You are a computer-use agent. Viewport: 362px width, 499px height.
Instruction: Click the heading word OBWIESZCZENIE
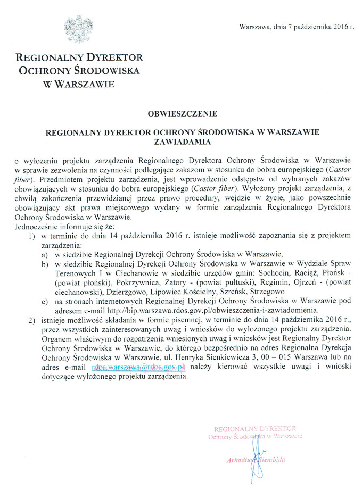point(180,113)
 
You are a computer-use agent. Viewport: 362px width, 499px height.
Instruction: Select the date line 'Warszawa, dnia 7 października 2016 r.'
point(297,26)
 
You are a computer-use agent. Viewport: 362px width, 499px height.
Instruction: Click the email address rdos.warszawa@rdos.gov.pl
point(138,367)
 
